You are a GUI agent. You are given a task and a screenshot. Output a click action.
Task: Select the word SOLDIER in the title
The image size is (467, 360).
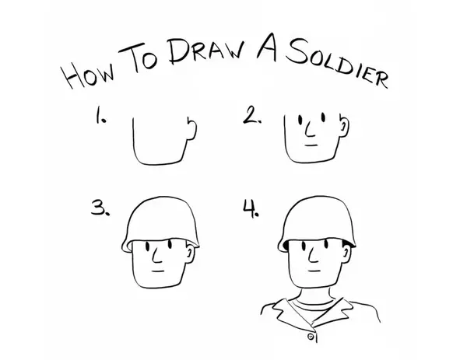[336, 63]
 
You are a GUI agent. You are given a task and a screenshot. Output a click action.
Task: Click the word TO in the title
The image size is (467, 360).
[139, 57]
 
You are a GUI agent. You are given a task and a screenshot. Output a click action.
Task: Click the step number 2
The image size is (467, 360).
[252, 115]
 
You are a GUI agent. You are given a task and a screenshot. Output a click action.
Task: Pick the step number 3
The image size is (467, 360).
[100, 208]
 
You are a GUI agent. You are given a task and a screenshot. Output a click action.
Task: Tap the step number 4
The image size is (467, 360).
[251, 208]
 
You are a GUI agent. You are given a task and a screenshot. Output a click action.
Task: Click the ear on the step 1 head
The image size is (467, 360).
[191, 128]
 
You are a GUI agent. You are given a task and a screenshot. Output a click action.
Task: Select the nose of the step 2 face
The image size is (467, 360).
[310, 130]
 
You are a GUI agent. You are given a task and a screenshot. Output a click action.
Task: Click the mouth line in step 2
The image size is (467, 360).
[311, 145]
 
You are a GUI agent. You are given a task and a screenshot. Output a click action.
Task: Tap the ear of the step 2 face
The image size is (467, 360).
[344, 126]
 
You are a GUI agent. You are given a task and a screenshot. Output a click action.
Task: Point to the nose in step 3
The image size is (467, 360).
[157, 256]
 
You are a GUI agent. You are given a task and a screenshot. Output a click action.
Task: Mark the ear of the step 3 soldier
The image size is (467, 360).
[191, 253]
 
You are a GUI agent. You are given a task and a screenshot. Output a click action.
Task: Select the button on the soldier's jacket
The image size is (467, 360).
[311, 337]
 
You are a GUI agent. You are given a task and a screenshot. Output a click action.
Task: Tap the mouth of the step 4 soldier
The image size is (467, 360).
[314, 271]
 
